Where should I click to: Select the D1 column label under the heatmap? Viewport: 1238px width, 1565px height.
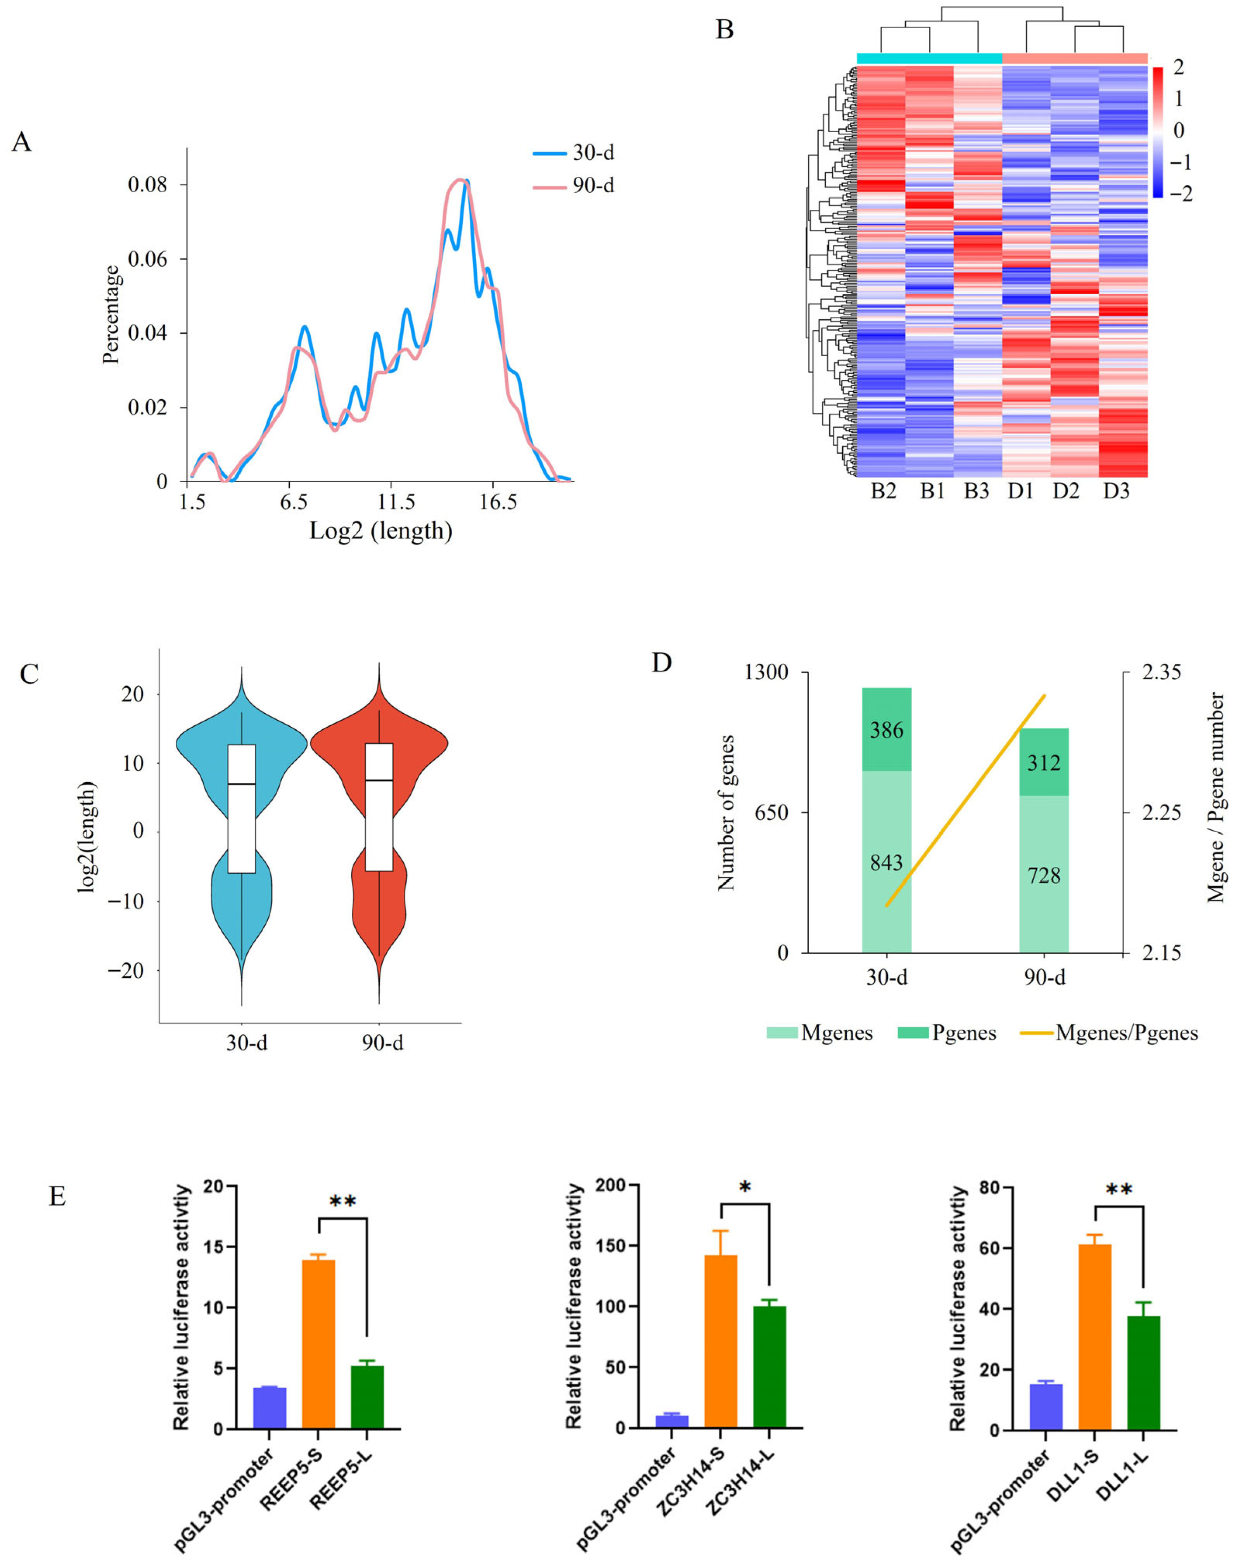click(1020, 491)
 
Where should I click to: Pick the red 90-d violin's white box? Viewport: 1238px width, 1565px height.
click(379, 806)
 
